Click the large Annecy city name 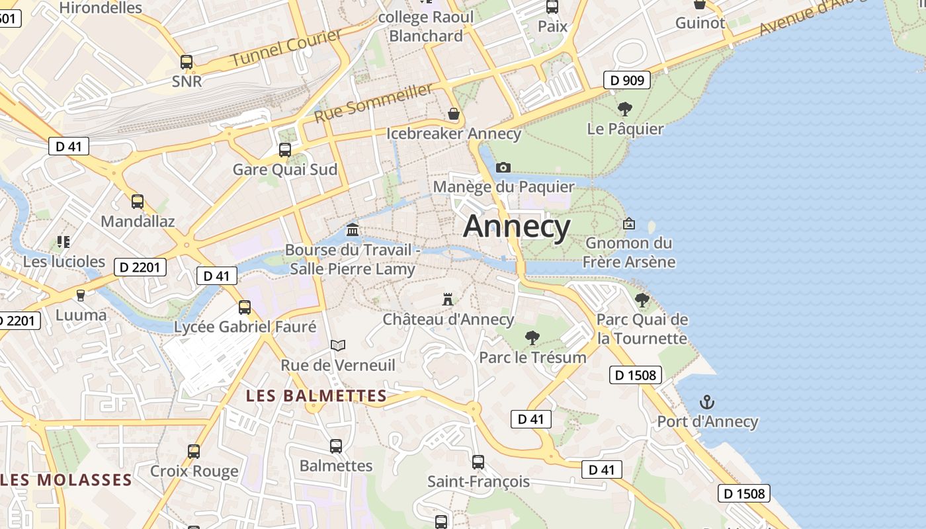coord(517,227)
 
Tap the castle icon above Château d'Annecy coord(448,300)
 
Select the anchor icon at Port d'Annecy coord(707,402)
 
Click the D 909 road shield coord(626,81)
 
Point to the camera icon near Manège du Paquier coord(503,167)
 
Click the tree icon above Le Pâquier coord(624,109)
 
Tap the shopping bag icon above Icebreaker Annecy coord(454,114)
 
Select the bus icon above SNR coord(187,62)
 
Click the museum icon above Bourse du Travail coord(353,230)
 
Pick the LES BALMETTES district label coord(316,396)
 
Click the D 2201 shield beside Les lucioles coord(140,267)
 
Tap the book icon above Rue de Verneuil coord(338,345)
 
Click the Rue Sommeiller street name coord(373,102)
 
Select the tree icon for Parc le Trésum coord(532,338)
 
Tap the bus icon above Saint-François coord(478,462)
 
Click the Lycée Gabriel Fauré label coord(245,327)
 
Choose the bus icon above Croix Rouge coord(194,452)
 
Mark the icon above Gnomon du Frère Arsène coord(628,224)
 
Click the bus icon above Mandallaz coord(138,202)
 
